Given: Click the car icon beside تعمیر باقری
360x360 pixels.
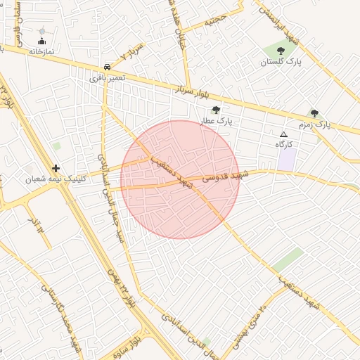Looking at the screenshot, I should click(106, 67).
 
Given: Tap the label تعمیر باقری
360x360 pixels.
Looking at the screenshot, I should click(107, 78).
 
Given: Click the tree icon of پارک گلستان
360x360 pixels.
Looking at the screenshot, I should click(281, 51).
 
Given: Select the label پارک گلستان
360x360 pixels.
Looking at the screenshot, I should click(281, 63).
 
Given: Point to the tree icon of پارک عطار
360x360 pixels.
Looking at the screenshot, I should click(216, 110).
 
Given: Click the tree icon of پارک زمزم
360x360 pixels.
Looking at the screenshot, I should click(314, 113).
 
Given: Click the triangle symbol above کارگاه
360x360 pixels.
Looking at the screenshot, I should click(283, 134).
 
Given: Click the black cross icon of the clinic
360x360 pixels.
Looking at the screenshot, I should click(56, 168).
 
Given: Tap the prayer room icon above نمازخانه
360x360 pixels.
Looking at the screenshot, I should click(41, 41).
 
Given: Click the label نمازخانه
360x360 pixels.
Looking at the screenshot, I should click(41, 51).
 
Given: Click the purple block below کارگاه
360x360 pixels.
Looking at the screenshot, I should click(286, 158).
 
